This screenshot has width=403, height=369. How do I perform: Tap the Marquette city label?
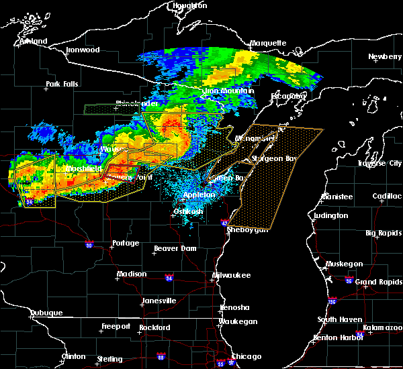point(268,44)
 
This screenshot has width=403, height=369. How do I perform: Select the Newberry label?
point(385,56)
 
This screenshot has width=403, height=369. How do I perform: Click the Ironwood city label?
point(83,50)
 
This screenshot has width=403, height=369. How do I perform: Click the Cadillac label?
point(386,196)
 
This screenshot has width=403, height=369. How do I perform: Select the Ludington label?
point(330,215)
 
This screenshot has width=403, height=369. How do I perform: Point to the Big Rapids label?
point(382,233)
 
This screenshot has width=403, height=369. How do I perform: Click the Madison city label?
point(132,274)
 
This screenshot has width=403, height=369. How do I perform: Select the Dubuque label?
point(46,313)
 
